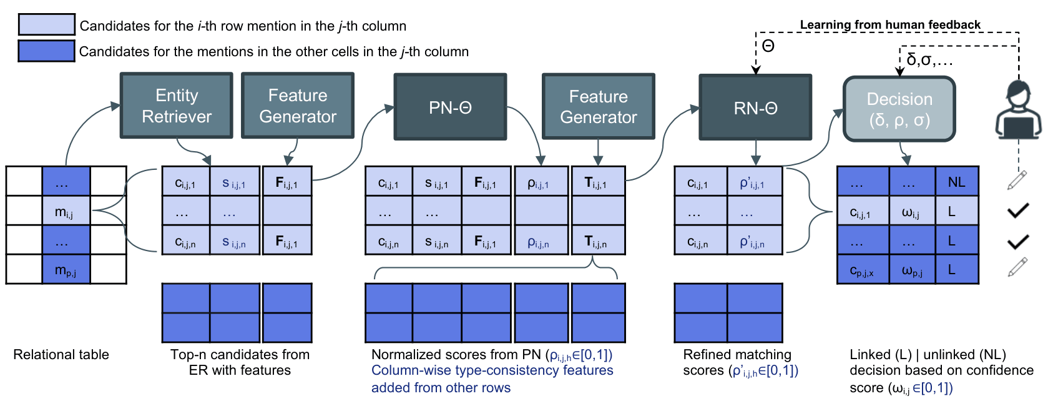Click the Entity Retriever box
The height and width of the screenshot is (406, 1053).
click(x=176, y=106)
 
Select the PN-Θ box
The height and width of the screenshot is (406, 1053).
click(x=449, y=107)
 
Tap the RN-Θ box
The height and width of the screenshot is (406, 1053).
click(x=755, y=107)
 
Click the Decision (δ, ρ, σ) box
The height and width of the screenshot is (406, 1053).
click(x=899, y=109)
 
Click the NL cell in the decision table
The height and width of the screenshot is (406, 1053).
click(x=956, y=182)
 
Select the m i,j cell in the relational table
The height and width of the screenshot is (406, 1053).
click(x=66, y=212)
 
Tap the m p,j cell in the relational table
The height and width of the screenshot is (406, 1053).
click(x=66, y=270)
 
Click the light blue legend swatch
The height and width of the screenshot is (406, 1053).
click(x=46, y=24)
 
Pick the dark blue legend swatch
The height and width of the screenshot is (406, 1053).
click(x=46, y=51)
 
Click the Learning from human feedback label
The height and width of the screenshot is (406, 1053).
click(x=890, y=25)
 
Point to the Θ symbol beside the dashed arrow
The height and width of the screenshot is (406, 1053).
click(x=768, y=46)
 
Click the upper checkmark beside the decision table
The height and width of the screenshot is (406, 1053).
click(x=1017, y=210)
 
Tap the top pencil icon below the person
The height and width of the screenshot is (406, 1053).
click(x=1017, y=180)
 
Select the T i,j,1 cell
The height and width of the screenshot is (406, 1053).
click(x=598, y=182)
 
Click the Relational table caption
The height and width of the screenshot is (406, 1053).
click(x=61, y=355)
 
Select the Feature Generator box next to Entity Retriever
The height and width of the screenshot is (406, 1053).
click(x=298, y=106)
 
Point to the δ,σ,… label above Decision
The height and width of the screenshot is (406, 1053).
click(x=929, y=60)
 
